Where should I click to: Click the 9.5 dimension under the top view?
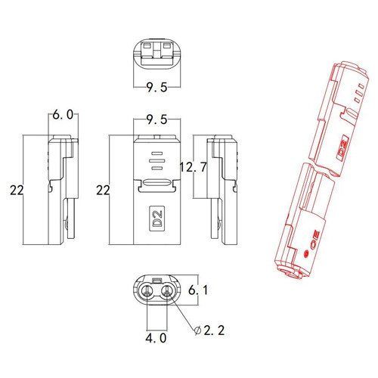tap(156, 87)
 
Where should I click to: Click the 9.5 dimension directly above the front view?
tap(156, 119)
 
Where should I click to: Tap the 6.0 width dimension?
tap(63, 115)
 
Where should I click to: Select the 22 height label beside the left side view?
tap(17, 190)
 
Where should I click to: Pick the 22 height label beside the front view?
tap(103, 190)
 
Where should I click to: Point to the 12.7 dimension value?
tap(194, 167)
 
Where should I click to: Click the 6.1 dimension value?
tap(198, 290)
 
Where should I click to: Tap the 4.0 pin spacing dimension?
tap(156, 338)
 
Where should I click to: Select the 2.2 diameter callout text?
tap(214, 330)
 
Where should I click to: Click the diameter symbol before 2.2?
tap(198, 330)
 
